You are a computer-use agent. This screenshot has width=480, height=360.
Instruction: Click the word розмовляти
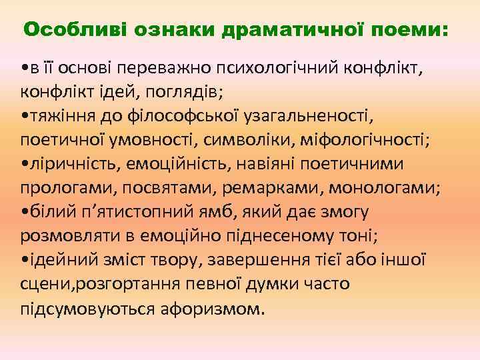tap(64, 236)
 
